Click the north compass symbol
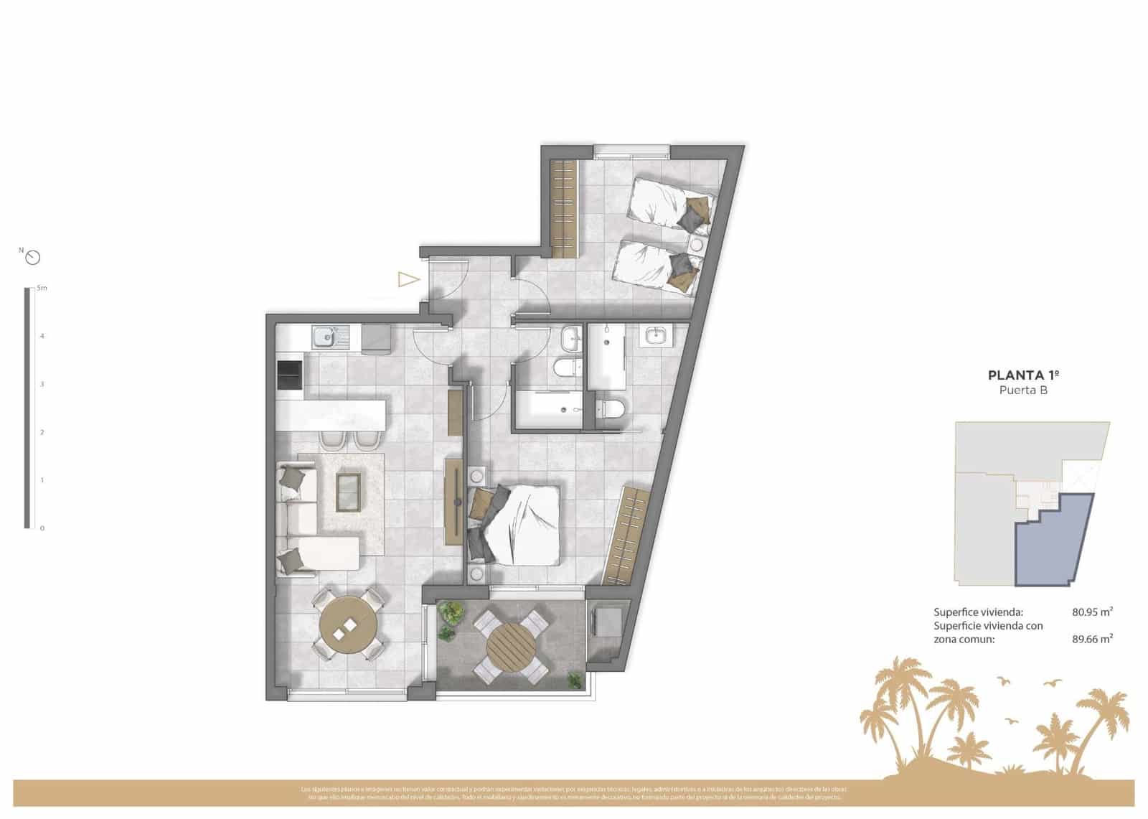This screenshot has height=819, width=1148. tap(32, 258)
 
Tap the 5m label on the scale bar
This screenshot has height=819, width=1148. tap(42, 289)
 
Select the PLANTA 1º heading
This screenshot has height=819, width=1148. tap(1023, 375)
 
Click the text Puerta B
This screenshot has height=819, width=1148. tap(1023, 390)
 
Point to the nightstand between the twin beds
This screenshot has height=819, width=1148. tap(696, 245)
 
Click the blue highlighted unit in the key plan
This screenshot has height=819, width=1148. tap(1053, 538)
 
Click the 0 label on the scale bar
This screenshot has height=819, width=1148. tap(42, 528)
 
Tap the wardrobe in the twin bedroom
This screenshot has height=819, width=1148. tap(564, 209)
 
